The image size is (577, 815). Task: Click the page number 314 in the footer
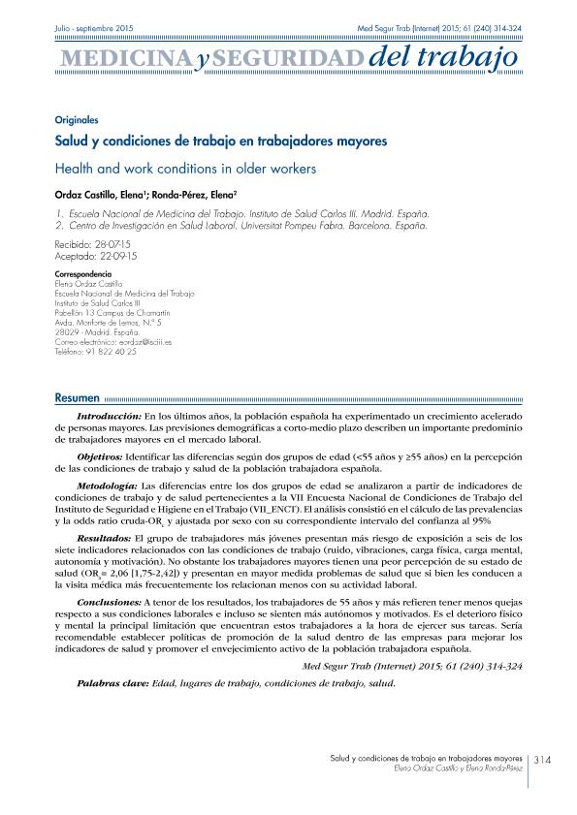pyautogui.click(x=544, y=760)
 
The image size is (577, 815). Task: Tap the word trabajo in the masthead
pyautogui.click(x=471, y=60)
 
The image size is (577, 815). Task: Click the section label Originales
pyautogui.click(x=78, y=120)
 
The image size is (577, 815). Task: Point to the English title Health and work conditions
pyautogui.click(x=186, y=168)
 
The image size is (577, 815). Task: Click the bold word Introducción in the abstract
pyautogui.click(x=107, y=415)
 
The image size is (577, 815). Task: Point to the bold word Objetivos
pyautogui.click(x=99, y=455)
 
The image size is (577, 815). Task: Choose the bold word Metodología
pyautogui.click(x=107, y=482)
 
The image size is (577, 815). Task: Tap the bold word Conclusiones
pyautogui.click(x=108, y=602)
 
